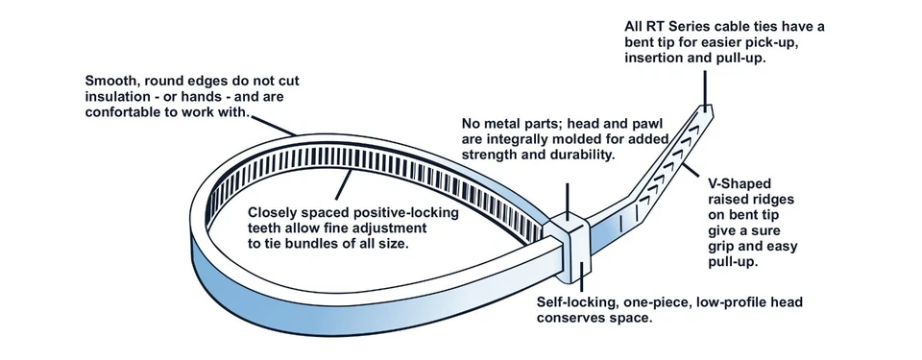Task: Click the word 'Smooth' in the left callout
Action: pos(112,80)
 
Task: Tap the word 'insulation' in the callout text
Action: pos(118,97)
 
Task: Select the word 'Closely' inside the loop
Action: pos(278,213)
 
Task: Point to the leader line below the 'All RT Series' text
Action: pos(707,90)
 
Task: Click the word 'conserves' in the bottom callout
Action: pos(574,318)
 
